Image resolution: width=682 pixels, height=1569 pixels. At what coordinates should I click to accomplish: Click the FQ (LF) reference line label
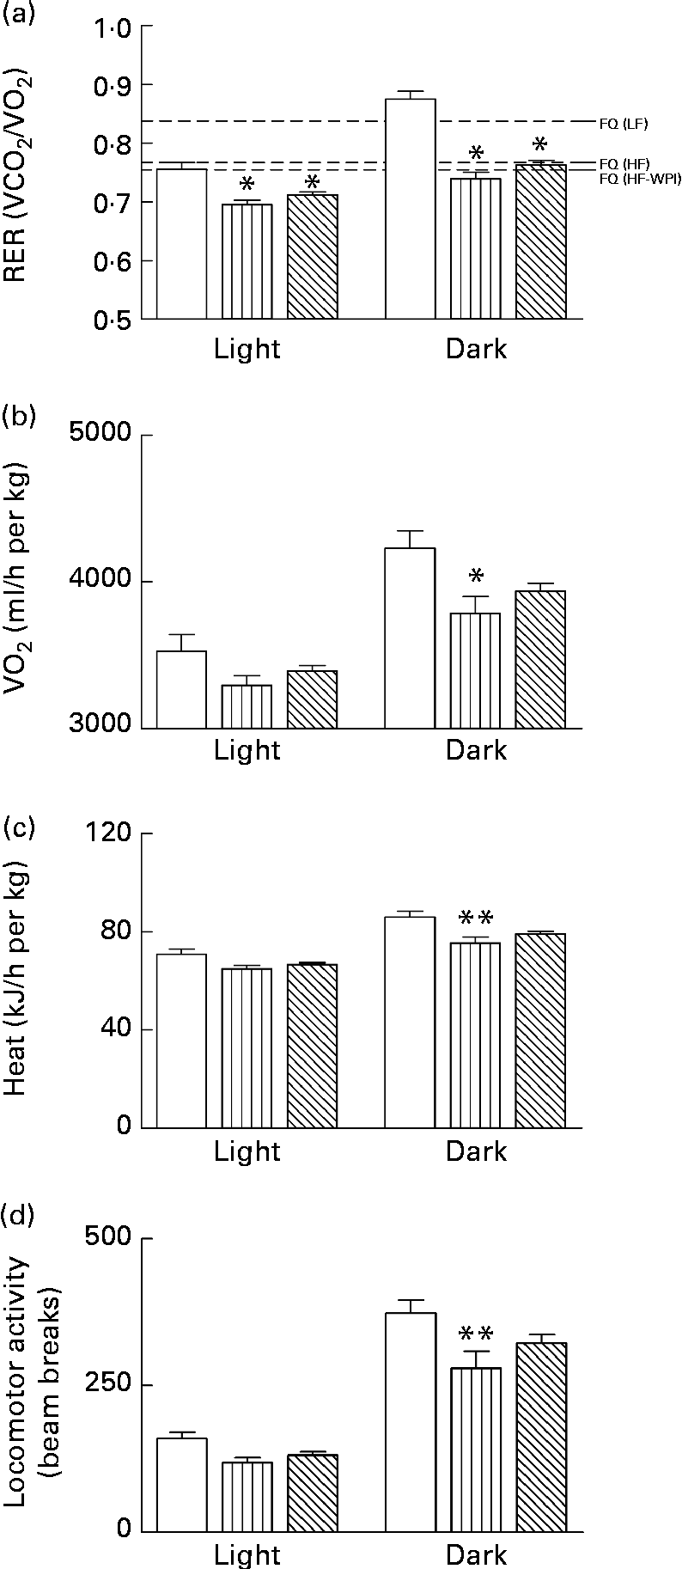coord(623,124)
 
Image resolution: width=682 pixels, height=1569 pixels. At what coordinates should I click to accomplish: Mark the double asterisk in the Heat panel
coord(476,918)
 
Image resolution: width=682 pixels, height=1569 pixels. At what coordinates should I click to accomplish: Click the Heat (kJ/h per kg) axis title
coord(19,980)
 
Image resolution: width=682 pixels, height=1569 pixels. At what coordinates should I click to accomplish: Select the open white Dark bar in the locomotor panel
coord(411,1421)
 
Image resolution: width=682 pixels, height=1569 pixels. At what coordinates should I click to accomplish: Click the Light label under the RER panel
coord(247,349)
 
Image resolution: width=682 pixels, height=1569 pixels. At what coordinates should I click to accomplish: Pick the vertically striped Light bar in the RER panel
coord(247,261)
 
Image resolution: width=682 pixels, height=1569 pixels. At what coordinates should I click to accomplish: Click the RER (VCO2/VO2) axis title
coord(19,172)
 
